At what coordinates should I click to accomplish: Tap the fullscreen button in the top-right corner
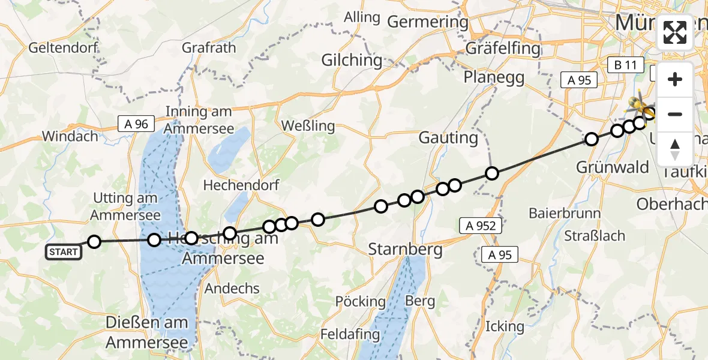tap(675, 32)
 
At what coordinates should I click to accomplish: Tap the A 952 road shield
tap(481, 226)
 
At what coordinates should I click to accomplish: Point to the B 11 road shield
tap(625, 65)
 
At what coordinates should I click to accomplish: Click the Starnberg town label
tap(406, 248)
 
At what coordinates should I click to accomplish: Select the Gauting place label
tap(448, 138)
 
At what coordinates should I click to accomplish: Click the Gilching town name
tap(352, 60)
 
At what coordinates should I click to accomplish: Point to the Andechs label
tap(232, 289)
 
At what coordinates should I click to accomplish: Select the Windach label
tap(70, 136)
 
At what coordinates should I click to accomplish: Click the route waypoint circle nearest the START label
tap(94, 242)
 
